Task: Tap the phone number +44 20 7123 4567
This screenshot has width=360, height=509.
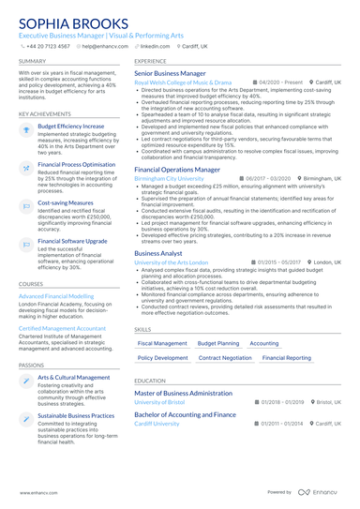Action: coord(49,45)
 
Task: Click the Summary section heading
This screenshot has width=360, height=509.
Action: coord(32,61)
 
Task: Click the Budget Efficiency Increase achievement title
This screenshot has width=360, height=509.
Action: coord(71,126)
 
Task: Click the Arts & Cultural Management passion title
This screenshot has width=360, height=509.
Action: coord(74,378)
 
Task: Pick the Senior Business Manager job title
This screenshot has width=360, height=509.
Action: coord(170,72)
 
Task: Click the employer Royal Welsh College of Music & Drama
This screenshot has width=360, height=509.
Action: coord(183,82)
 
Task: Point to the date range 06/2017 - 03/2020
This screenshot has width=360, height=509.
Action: coord(269,178)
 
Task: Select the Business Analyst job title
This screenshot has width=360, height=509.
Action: coord(158,253)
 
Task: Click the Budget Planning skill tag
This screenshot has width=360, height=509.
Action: coord(218,344)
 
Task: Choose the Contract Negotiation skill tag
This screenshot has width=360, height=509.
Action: coord(225,358)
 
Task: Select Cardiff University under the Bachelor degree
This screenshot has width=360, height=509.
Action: coord(157,424)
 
